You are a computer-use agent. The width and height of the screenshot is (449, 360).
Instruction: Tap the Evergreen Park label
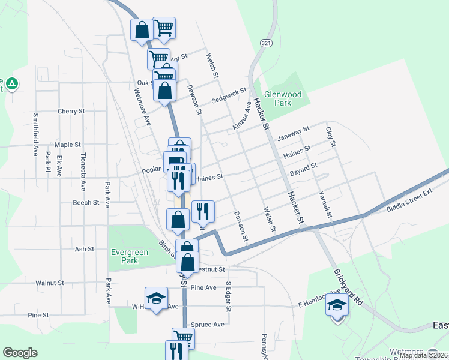point(129,257)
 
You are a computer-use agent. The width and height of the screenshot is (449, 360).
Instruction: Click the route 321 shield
point(267,43)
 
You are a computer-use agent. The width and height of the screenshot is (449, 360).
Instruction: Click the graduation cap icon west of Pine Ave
point(156,298)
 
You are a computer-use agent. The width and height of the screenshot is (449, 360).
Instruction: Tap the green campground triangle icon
point(11,83)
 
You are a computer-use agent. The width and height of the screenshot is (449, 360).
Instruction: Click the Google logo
point(20,353)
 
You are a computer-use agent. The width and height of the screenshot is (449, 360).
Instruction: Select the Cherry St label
point(71,111)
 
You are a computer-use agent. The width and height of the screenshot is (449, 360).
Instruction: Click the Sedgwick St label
point(229,95)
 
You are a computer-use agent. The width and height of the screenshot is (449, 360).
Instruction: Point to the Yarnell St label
point(324,204)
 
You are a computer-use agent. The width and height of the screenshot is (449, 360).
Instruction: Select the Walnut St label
point(50,283)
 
